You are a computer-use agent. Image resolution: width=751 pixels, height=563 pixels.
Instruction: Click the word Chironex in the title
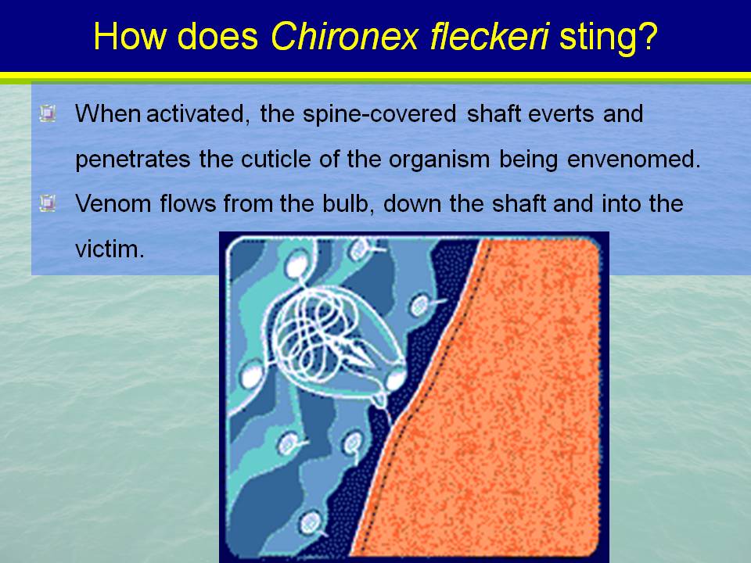click(345, 36)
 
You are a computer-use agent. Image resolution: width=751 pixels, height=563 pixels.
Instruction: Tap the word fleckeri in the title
click(489, 36)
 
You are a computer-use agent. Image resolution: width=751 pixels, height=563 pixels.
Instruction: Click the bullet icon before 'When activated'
click(48, 113)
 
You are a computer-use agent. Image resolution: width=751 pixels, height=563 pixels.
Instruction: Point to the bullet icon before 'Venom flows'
click(48, 203)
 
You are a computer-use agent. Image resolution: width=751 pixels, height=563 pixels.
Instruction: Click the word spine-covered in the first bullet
click(379, 114)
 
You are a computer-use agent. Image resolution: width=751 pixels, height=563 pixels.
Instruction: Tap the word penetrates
click(133, 160)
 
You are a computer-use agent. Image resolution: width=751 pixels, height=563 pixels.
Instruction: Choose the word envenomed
click(634, 159)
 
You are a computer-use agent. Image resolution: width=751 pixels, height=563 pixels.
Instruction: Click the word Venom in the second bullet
click(113, 203)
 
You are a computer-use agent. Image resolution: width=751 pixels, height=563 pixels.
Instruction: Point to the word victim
click(110, 249)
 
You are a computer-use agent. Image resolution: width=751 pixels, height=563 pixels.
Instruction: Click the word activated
click(198, 114)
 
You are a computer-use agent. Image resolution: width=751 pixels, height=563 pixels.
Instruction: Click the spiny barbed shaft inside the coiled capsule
click(352, 350)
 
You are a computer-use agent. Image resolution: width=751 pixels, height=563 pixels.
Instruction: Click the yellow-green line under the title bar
click(375, 76)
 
